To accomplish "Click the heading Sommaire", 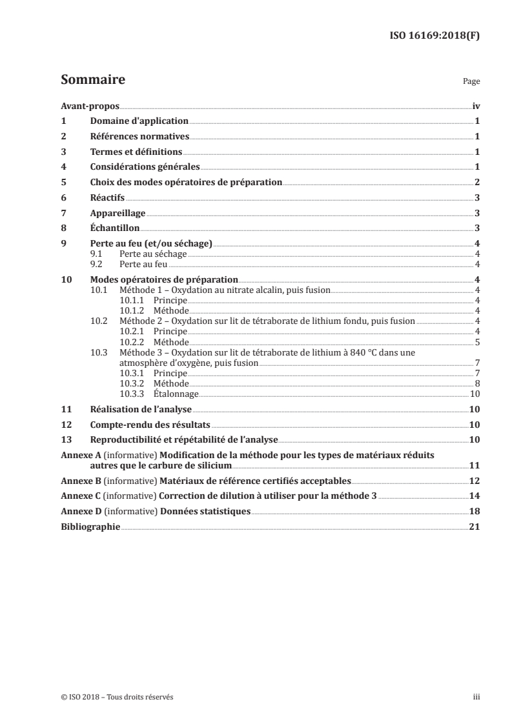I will coord(92,81).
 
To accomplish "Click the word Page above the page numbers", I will coord(471,83).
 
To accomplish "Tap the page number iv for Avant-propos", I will coord(475,105).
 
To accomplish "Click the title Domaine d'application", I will coord(139,121).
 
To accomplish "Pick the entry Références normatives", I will coord(139,136).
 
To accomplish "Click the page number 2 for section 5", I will coord(476,182).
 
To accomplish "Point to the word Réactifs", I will coord(107,197).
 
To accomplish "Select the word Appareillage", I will coord(118,213).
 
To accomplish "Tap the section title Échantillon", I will coord(116,228).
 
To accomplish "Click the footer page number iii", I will coord(476,697).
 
